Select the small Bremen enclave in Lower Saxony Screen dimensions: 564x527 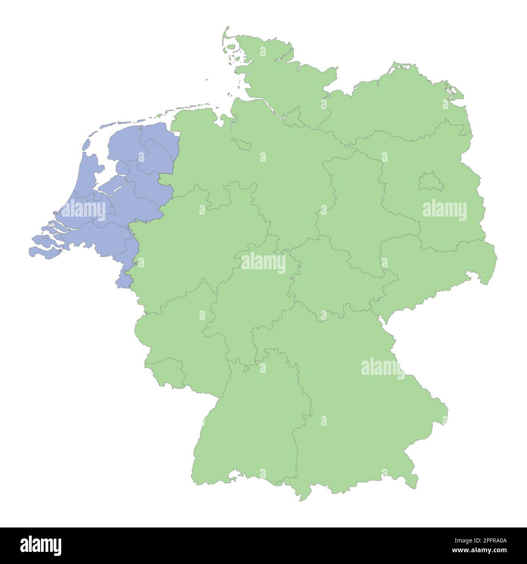point(242,144)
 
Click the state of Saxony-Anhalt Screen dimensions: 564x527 point(357,203)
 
